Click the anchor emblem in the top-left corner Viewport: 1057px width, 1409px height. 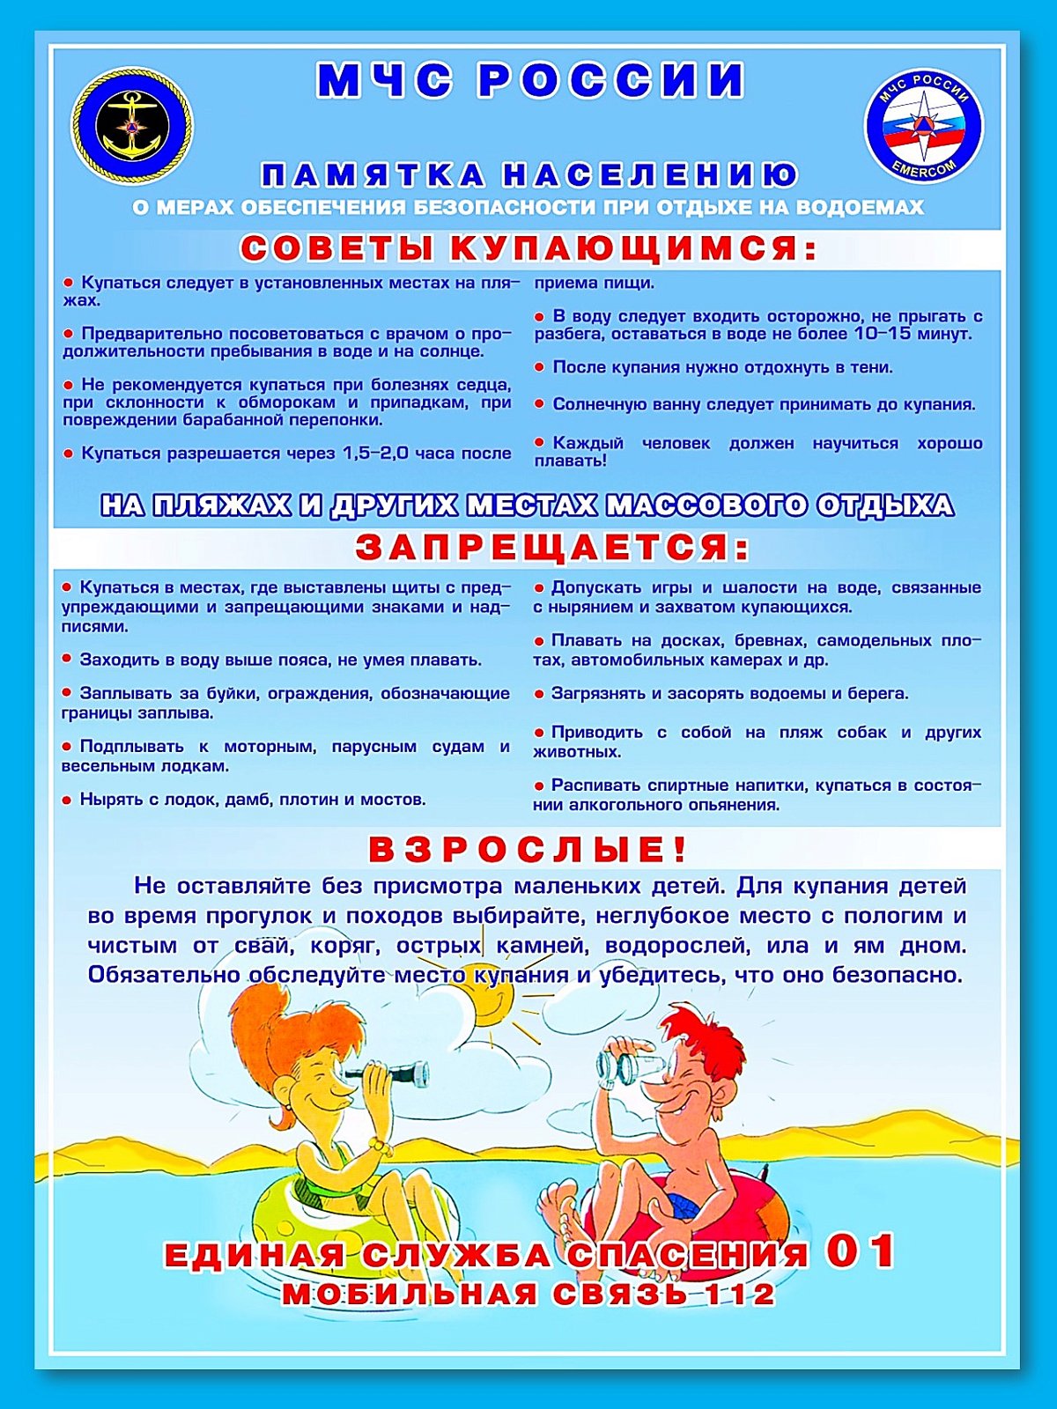click(x=132, y=126)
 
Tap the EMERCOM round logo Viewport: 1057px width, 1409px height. click(x=924, y=127)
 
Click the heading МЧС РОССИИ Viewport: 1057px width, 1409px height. click(x=530, y=80)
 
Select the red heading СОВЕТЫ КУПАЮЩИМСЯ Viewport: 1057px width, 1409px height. click(x=528, y=248)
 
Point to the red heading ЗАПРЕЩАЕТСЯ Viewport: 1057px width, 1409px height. click(x=552, y=548)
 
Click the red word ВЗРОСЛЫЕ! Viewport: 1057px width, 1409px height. click(x=527, y=850)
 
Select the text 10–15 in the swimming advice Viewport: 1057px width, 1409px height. click(x=882, y=334)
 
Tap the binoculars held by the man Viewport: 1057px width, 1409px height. click(x=625, y=1065)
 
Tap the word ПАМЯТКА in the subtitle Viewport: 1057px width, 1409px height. click(x=373, y=175)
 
